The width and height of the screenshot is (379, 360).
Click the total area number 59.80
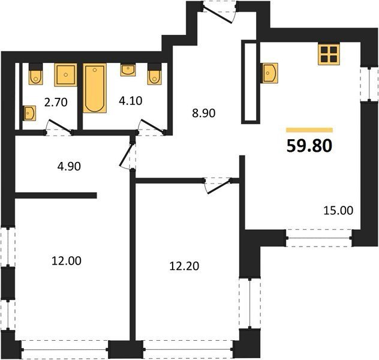tap(309, 146)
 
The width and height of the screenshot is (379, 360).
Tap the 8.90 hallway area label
tap(203, 113)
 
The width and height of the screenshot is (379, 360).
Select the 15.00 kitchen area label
tap(338, 211)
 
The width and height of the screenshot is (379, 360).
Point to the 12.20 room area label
tap(184, 266)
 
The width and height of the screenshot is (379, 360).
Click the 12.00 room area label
tap(67, 261)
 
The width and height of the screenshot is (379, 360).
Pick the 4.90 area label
tap(69, 167)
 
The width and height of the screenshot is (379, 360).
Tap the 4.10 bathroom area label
tap(131, 101)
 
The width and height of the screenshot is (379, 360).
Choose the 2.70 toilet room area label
tap(56, 102)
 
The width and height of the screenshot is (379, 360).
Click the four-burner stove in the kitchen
tap(329, 54)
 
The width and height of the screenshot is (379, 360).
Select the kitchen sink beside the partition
tap(269, 73)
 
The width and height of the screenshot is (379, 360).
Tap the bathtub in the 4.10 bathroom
tap(95, 88)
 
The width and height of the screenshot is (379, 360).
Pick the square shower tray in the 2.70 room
tap(65, 75)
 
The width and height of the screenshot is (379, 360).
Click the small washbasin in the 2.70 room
tap(29, 113)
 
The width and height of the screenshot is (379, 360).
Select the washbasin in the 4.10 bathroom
tap(128, 70)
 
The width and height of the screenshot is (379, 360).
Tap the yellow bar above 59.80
tap(309, 130)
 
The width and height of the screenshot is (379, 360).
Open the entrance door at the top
tap(219, 14)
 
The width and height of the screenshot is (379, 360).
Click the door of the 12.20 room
tap(218, 186)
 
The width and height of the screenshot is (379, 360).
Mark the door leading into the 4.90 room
tap(127, 155)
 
